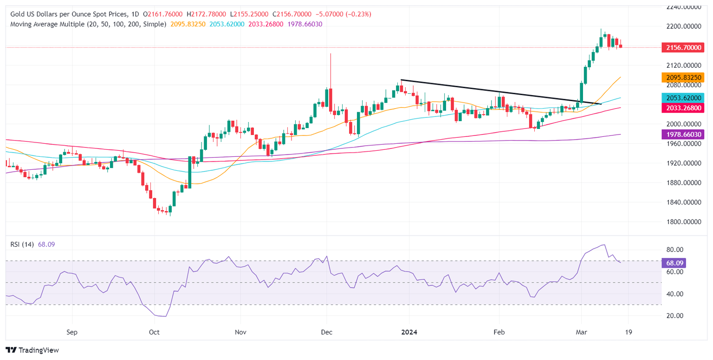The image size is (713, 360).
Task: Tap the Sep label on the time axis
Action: tap(71, 332)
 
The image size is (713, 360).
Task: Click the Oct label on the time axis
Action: tap(154, 332)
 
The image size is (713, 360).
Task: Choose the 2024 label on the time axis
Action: tap(409, 332)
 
